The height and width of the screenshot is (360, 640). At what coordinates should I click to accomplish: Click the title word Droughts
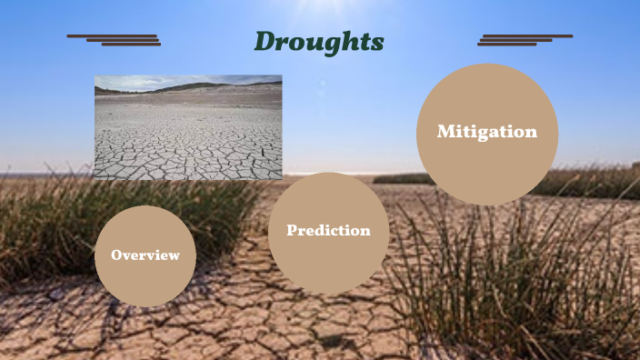point(318,42)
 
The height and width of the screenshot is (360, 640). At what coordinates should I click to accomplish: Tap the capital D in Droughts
point(265,42)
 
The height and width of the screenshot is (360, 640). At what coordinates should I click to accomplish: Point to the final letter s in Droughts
point(378,44)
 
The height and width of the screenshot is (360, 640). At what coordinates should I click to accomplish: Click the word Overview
point(145,255)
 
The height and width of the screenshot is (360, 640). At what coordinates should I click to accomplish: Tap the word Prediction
point(328,231)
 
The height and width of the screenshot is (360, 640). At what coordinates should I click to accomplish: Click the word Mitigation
point(486,132)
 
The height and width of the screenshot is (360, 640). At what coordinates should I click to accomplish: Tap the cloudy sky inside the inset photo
point(145,81)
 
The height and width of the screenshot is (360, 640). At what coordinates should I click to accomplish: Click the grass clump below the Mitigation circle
point(509,273)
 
